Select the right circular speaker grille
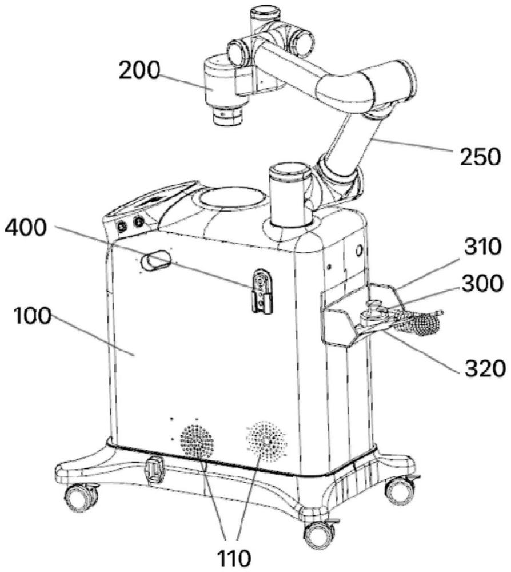266,439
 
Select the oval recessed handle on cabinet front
156,260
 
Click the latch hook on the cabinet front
262,292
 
